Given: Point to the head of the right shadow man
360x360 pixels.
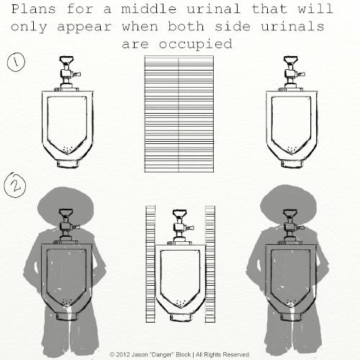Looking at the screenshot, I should (291, 204).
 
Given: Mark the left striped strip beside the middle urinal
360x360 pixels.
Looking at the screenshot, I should (150, 260).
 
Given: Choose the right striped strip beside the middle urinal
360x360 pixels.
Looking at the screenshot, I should (210, 260).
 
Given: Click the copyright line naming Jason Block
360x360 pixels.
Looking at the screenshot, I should (179, 354).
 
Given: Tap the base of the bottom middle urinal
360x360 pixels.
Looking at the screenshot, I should (180, 310).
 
